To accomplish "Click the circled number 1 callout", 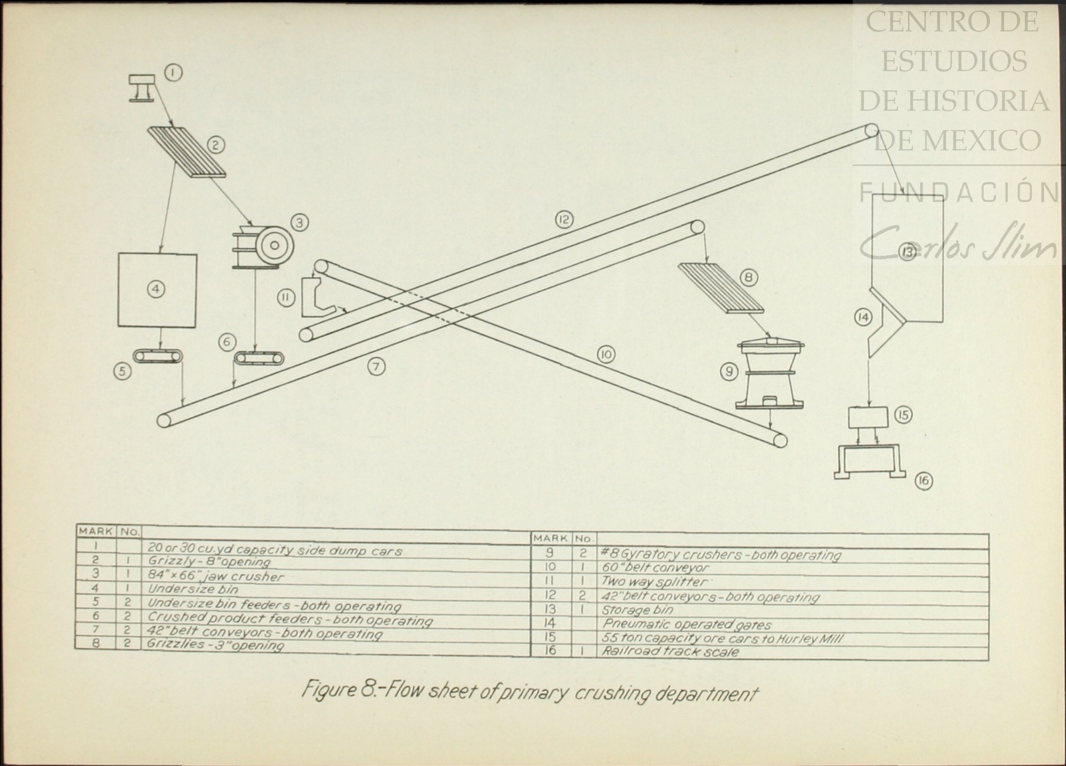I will coord(173,73).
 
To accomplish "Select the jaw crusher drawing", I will coord(263,246).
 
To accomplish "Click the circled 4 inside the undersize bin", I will coord(156,289).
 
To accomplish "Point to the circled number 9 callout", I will coord(729,371).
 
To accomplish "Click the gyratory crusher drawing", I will coord(769,374).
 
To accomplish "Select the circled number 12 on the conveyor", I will coord(564,219).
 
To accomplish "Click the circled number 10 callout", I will coord(606,355).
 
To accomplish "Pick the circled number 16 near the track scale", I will coord(923,481).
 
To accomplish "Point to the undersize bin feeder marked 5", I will coord(158,356).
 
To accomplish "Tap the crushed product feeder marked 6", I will coord(260,358).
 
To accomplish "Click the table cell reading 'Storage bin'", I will coord(637,610).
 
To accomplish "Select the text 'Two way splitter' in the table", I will coord(654,581).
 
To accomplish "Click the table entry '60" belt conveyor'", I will coord(655,567).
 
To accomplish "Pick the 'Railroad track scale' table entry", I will coord(670,652).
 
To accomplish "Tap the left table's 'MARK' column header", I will coord(96,531).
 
